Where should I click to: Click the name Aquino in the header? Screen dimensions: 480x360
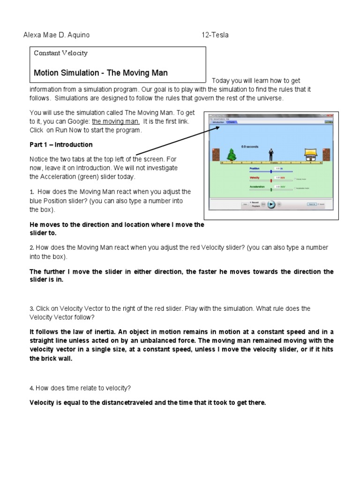coord(77,35)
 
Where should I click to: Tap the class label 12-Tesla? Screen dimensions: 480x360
coord(215,35)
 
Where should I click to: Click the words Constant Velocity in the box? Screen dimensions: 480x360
coord(60,53)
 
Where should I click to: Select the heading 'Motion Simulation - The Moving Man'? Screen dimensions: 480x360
coord(100,73)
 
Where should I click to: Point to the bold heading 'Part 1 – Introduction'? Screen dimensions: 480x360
coord(61,144)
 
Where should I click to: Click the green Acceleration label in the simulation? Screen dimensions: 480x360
coord(258,187)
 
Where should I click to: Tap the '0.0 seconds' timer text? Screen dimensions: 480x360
coord(249,146)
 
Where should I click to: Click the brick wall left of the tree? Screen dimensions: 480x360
coord(216,155)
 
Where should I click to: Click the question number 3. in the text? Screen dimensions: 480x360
coord(32,309)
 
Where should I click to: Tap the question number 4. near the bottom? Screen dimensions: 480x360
coord(32,388)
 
